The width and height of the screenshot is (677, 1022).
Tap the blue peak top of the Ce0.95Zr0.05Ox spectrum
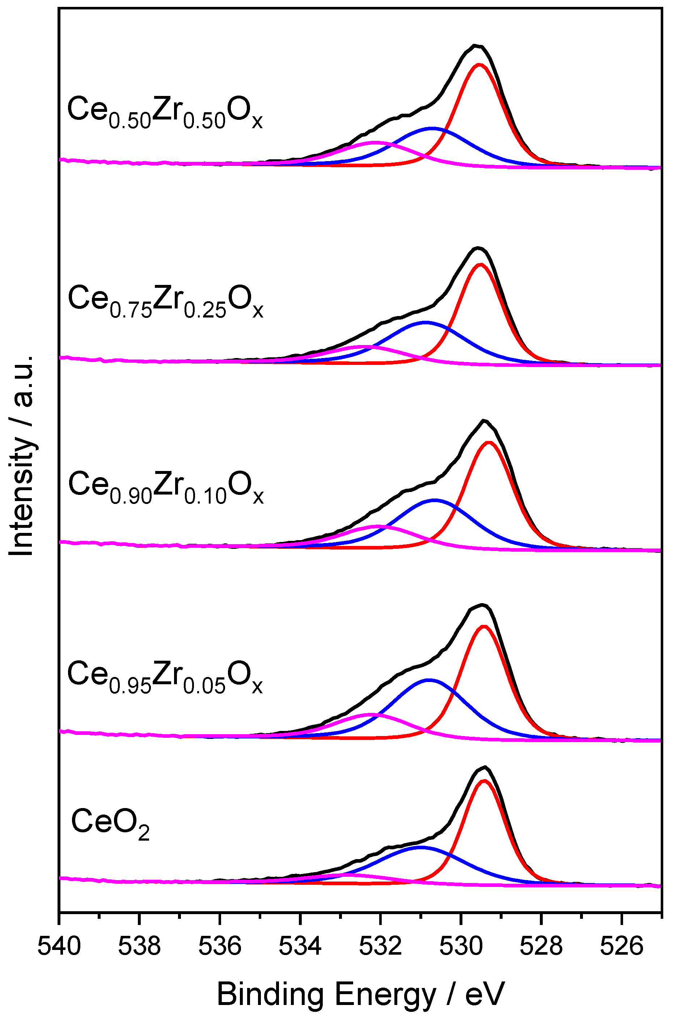[x=429, y=680]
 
